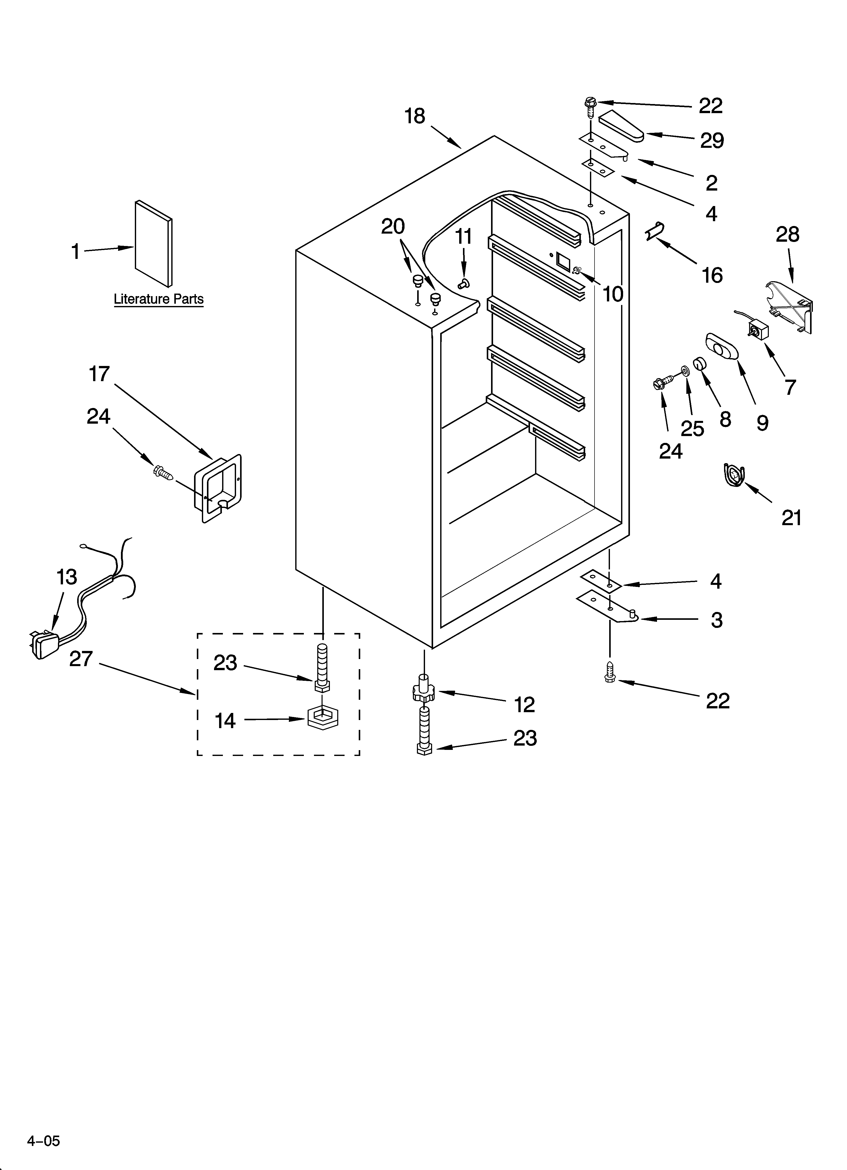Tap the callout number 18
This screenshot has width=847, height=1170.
tap(415, 117)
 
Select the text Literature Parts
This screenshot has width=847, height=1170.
tap(158, 299)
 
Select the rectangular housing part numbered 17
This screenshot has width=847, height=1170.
tap(217, 488)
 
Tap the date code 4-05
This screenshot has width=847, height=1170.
tap(44, 1141)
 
